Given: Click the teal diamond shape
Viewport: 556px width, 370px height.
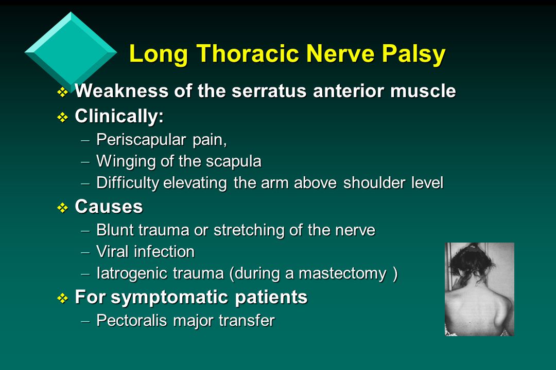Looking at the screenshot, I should pos(71,50).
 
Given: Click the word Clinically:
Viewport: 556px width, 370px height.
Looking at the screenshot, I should pos(119,116).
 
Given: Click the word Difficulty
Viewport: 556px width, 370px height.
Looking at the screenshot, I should pos(127,183).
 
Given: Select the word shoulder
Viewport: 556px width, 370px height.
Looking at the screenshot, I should pos(376,183).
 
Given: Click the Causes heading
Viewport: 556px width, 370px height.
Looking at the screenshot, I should pos(109,207).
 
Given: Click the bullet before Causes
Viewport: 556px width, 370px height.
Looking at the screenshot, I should pos(62,208).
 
